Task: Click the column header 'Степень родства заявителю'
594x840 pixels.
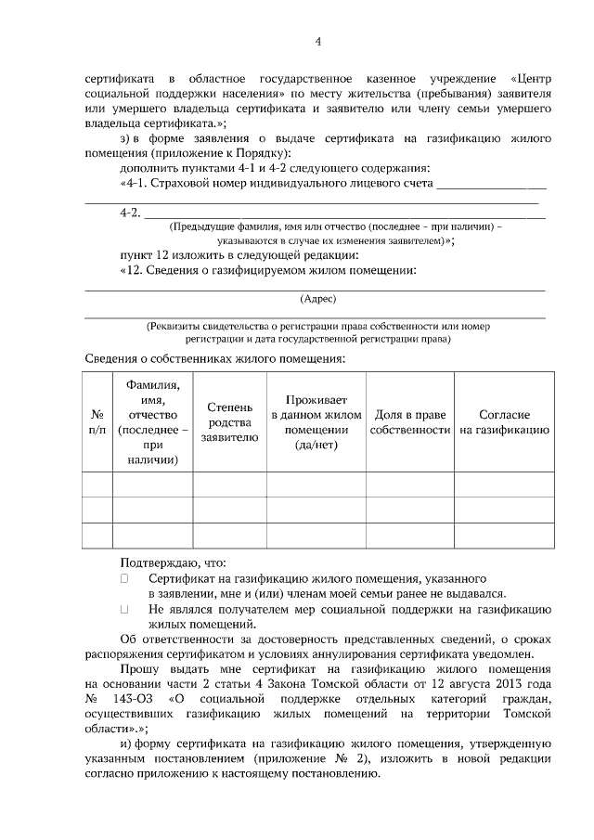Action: pyautogui.click(x=229, y=421)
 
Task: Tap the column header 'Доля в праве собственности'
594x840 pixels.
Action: pyautogui.click(x=409, y=421)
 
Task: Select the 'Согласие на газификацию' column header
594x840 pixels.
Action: pyautogui.click(x=504, y=421)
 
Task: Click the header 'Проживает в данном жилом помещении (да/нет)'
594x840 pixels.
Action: pyautogui.click(x=316, y=421)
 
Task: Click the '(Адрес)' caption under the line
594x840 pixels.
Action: pyautogui.click(x=317, y=299)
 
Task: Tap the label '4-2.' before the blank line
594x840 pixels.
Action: pyautogui.click(x=131, y=213)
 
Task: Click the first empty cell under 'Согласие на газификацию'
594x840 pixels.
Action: pyautogui.click(x=504, y=485)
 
